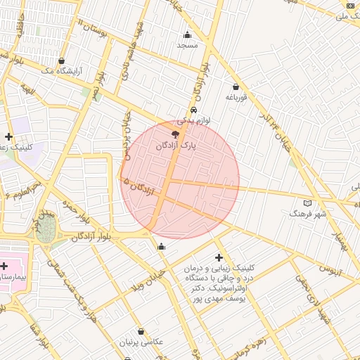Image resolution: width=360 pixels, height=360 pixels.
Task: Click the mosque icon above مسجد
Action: pos(187,35)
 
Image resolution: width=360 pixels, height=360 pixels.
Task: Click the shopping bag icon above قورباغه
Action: pos(236,87)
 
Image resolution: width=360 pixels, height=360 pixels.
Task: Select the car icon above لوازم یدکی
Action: pos(193,110)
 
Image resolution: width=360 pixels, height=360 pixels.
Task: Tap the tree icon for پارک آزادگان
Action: pos(174,134)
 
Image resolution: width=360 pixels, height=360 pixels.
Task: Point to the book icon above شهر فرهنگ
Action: pos(307,202)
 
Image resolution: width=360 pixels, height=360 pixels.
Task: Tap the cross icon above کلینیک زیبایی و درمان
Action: pos(219,258)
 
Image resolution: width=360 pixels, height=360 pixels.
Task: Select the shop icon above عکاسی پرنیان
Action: pos(141,331)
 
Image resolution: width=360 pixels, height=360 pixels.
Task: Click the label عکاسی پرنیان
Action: pos(142,342)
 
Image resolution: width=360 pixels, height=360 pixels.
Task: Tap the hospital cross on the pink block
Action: pos(5,266)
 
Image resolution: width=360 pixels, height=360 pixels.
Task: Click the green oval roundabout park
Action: pos(46,229)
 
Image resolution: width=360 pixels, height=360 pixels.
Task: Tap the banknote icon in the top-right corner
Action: pos(350,6)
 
